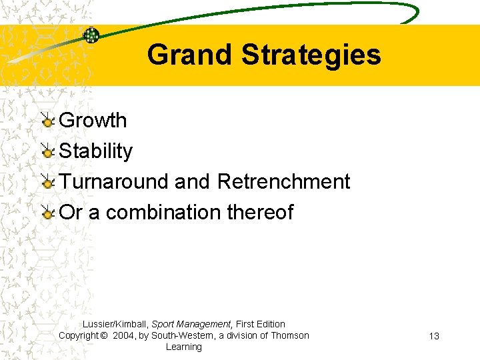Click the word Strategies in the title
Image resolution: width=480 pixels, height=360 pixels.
[311, 55]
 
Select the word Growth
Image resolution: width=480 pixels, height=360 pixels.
[93, 121]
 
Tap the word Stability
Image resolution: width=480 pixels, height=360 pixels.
[96, 151]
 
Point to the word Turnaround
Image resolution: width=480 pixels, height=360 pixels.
[114, 181]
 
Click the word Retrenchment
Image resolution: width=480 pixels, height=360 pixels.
[283, 181]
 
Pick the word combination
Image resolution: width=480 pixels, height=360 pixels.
[163, 212]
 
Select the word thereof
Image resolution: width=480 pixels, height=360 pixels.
[260, 212]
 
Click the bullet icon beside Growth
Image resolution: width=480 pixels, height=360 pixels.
[47, 121]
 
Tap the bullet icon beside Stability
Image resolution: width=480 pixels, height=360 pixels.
[47, 151]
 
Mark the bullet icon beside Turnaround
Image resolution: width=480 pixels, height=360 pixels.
[47, 182]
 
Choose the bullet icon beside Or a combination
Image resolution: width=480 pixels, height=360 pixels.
[47, 213]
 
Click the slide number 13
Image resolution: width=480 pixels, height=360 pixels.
[433, 336]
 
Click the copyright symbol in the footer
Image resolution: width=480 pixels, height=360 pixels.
[104, 335]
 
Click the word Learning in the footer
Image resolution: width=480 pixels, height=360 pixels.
[183, 347]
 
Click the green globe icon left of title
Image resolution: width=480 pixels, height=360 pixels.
[91, 35]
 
